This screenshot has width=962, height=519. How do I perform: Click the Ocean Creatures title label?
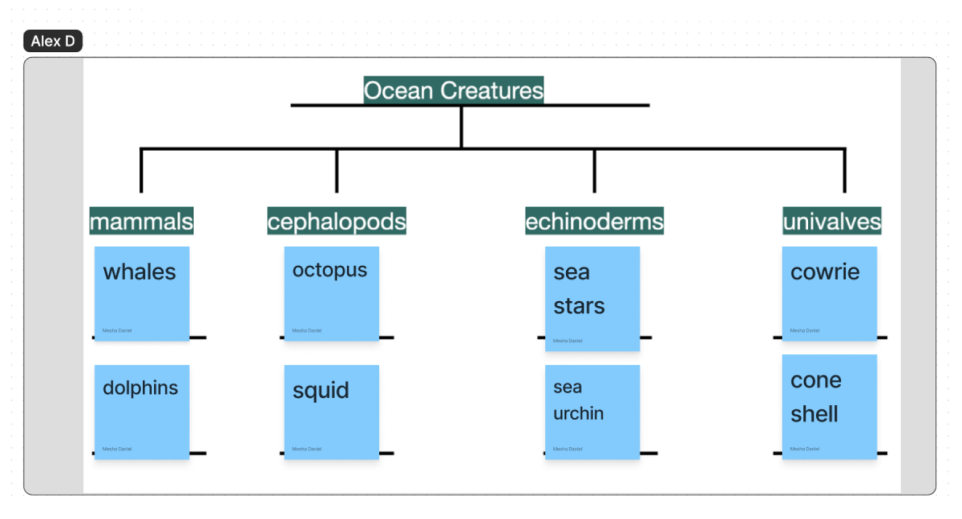(453, 90)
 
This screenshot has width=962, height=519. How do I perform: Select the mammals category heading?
(141, 221)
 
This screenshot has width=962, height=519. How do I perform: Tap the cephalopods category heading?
(336, 221)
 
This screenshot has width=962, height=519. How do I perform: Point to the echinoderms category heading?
(594, 221)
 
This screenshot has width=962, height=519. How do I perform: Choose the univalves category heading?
(831, 221)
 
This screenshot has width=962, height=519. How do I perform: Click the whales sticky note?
(142, 294)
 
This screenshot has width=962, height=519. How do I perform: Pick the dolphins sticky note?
(142, 412)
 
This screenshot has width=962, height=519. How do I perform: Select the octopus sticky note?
(331, 294)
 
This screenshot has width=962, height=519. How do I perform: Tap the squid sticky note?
(331, 412)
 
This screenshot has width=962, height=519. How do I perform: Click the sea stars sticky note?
(592, 298)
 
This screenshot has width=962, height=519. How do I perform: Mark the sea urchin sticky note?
(592, 412)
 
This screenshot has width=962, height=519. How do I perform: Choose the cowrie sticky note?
(829, 294)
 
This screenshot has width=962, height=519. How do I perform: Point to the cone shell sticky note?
(829, 407)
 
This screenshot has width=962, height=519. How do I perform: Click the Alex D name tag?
(53, 41)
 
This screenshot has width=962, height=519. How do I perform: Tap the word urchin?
(578, 413)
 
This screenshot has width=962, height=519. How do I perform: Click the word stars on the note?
(579, 306)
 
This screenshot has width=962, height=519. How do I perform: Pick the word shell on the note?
(814, 414)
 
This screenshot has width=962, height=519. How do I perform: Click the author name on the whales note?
(117, 331)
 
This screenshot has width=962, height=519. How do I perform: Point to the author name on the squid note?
(307, 449)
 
